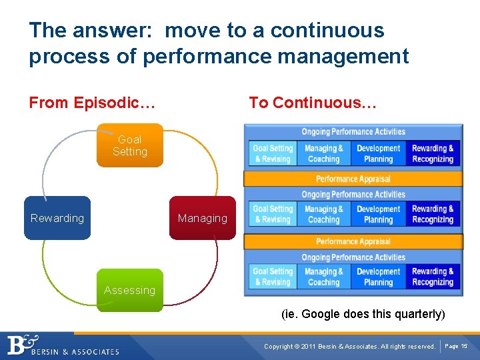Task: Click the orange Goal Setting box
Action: point(130,145)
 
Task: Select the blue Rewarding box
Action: point(57,218)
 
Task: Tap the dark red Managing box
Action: point(203,218)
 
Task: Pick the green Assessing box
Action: point(129,290)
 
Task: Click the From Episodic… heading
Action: point(92,103)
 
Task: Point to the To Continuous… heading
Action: point(313,103)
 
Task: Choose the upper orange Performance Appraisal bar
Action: point(353,179)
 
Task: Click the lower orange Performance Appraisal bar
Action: point(353,241)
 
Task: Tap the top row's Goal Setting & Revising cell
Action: point(273,154)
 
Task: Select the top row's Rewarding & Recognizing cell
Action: point(433,154)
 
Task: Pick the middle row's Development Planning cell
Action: point(378,215)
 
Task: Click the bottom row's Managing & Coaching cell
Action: point(324,277)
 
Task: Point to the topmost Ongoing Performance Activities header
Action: point(353,131)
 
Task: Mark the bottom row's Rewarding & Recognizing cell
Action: point(433,277)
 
